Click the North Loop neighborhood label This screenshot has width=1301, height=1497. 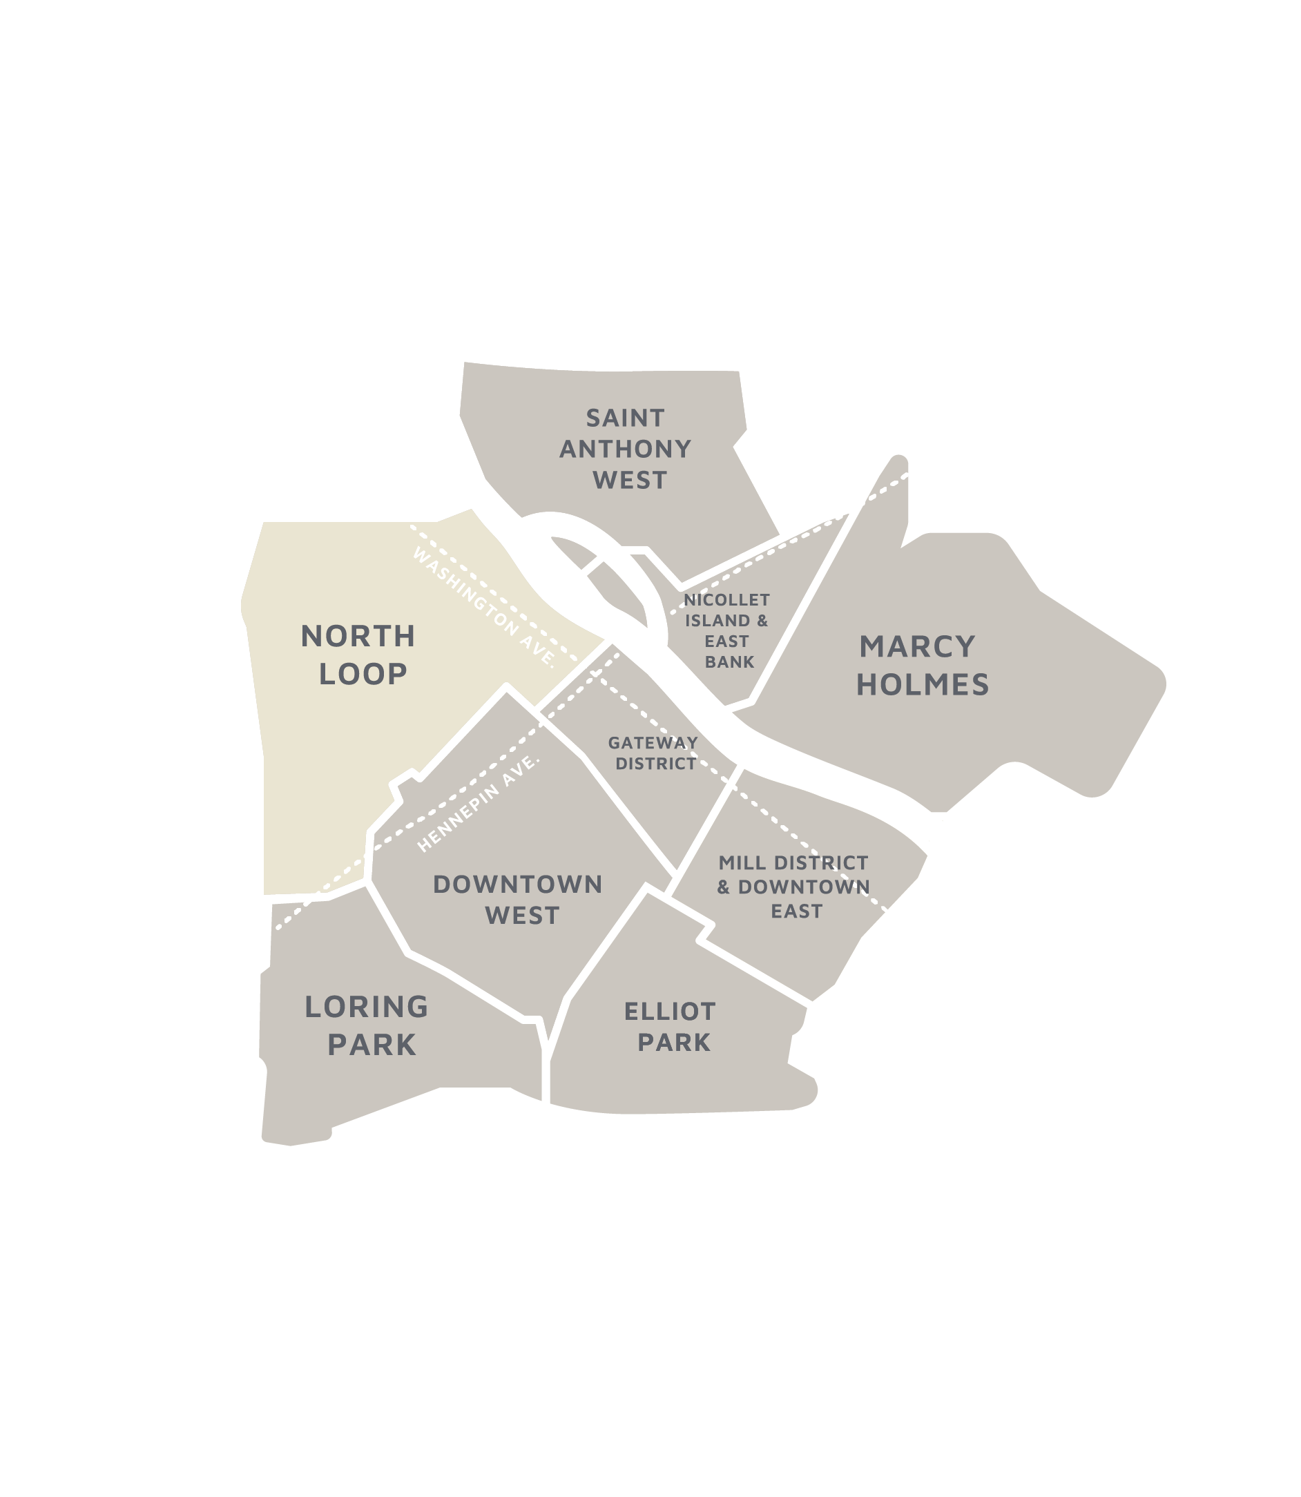358,655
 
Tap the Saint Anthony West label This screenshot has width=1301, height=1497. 625,450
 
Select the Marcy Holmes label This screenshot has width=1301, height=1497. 921,666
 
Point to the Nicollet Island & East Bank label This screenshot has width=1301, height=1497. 726,631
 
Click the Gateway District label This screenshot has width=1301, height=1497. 653,753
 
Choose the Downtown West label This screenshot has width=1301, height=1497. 519,900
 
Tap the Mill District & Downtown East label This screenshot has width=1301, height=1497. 793,887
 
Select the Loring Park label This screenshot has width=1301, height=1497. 367,1026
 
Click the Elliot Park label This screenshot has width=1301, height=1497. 670,1027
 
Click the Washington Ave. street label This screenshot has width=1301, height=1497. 483,607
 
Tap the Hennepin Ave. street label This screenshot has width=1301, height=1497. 480,804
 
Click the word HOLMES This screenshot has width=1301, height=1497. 922,684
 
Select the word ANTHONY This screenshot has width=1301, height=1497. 625,450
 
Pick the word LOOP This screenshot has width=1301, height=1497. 363,675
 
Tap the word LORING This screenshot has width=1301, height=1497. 367,1007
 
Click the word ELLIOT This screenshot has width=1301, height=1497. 669,1012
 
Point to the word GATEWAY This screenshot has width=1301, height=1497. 653,743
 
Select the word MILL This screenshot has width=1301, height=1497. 742,863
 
